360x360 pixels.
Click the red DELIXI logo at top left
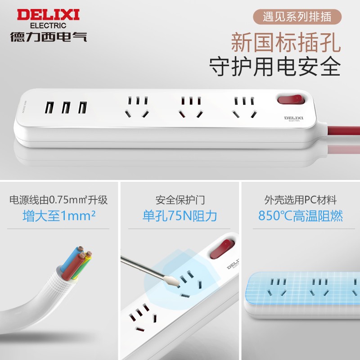click(x=48, y=14)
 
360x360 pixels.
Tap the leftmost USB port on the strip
click(x=50, y=108)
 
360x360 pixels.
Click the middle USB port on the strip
click(x=66, y=108)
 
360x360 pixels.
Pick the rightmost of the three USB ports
click(x=82, y=108)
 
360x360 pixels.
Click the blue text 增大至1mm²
click(x=59, y=216)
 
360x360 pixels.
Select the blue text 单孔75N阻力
click(x=180, y=216)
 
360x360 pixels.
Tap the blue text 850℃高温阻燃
click(x=301, y=216)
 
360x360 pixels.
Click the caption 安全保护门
click(x=180, y=199)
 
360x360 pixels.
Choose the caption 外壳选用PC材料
click(x=301, y=199)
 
